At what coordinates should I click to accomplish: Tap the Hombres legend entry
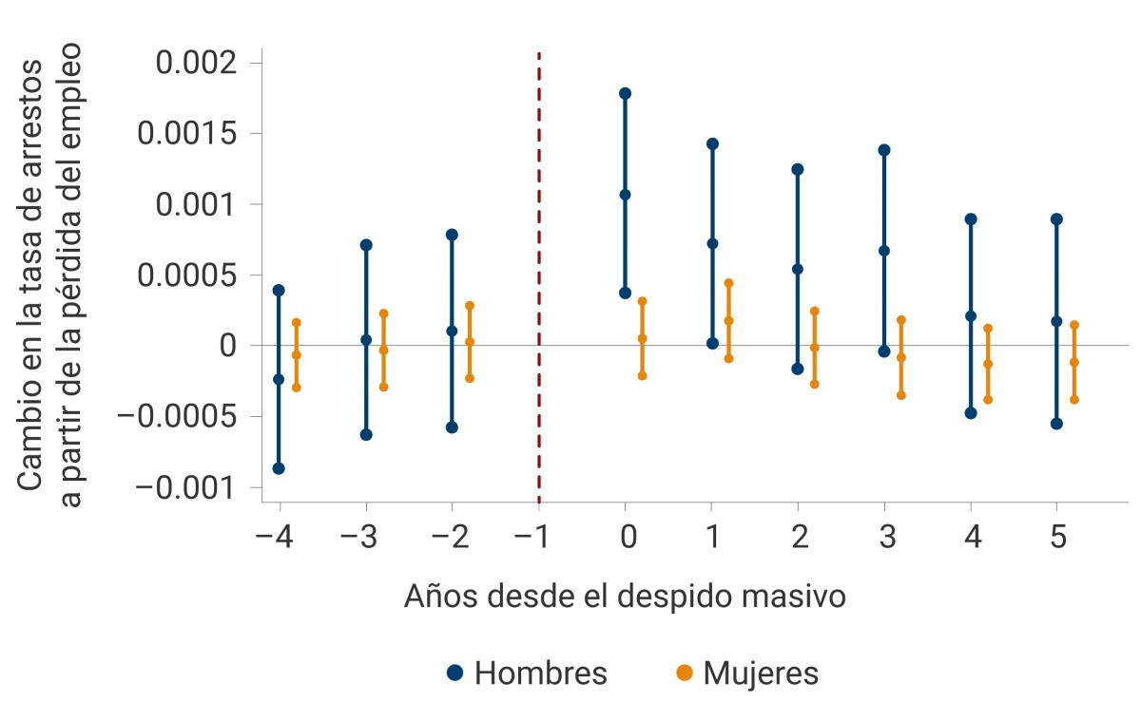pyautogui.click(x=526, y=673)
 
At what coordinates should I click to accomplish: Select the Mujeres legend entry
pyautogui.click(x=746, y=673)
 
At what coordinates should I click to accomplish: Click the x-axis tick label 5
pyautogui.click(x=1056, y=538)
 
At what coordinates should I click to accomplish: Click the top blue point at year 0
pyautogui.click(x=625, y=93)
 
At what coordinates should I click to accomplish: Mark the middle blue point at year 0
pyautogui.click(x=625, y=195)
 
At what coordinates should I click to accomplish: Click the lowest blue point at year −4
pyautogui.click(x=279, y=468)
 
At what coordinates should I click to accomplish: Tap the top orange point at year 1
pyautogui.click(x=728, y=283)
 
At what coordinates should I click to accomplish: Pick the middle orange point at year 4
pyautogui.click(x=988, y=364)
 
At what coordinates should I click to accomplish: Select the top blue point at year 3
pyautogui.click(x=884, y=150)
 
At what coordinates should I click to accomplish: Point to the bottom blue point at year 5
pyautogui.click(x=1056, y=424)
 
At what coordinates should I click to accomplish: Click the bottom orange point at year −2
pyautogui.click(x=470, y=378)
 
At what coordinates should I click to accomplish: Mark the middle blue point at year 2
pyautogui.click(x=798, y=269)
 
